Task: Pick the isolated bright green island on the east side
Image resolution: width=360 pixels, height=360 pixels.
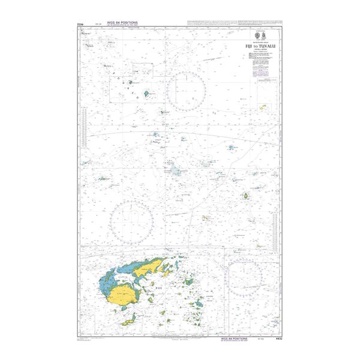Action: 246,196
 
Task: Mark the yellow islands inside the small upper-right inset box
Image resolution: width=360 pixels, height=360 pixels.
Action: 263,107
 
